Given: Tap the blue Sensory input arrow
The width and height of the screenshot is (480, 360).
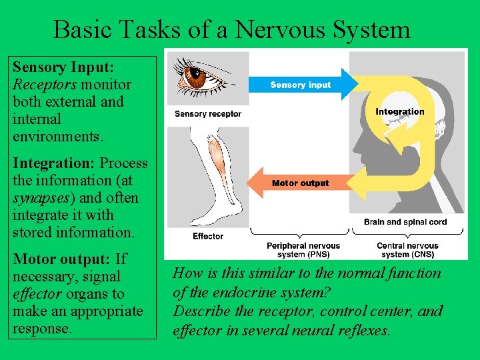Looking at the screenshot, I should point(301,85).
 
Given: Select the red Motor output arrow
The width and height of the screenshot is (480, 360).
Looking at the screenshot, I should point(300,183).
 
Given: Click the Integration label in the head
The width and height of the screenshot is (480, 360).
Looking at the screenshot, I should point(400,111).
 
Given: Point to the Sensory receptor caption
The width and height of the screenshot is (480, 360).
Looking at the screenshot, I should point(208,114).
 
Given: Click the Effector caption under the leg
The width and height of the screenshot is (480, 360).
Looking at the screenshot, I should point(208,236).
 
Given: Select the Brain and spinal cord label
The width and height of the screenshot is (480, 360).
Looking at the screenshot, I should point(405,222).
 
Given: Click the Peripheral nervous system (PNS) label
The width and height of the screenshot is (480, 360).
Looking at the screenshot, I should point(303,250).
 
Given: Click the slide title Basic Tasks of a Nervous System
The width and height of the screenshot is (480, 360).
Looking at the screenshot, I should point(231,29).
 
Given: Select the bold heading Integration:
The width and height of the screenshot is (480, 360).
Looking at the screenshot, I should point(54,163).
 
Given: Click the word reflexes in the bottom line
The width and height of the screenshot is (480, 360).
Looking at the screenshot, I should point(364,331).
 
